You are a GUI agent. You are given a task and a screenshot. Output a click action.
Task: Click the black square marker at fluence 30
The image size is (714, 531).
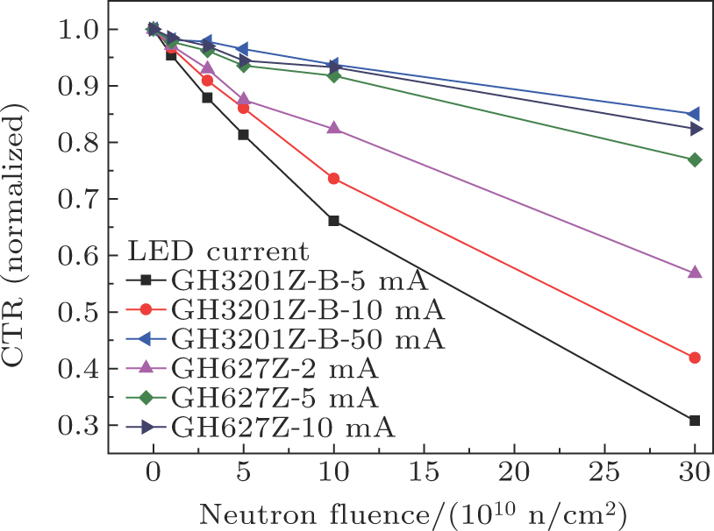tap(695, 421)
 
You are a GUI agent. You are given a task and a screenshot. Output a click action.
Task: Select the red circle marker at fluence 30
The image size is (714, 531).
tap(695, 358)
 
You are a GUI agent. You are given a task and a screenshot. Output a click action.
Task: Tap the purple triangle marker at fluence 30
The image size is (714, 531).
tap(695, 273)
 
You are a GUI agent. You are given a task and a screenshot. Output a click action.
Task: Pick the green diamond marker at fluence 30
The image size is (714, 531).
tap(695, 159)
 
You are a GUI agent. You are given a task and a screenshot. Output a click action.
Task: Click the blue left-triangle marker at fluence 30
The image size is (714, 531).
tap(694, 114)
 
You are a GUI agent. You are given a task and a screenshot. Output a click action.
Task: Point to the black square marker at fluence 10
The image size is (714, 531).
tap(333, 221)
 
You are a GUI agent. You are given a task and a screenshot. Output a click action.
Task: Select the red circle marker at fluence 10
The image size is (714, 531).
tap(333, 179)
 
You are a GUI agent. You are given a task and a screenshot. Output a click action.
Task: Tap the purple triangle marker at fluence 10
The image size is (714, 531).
tap(333, 128)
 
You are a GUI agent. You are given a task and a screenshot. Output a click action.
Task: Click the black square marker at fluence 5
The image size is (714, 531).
tap(243, 135)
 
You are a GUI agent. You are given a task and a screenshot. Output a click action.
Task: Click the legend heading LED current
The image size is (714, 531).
tap(218, 253)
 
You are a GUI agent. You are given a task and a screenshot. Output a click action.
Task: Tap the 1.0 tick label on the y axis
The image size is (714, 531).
tap(80, 30)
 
